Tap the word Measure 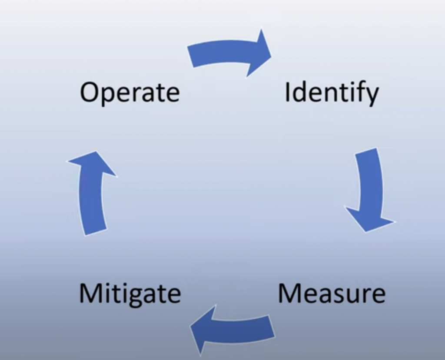coord(332,293)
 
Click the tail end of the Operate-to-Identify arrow coord(190,57)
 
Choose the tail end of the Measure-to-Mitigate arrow coord(272,326)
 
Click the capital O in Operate coord(90,92)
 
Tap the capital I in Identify coord(287,92)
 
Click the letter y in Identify coord(372,97)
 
